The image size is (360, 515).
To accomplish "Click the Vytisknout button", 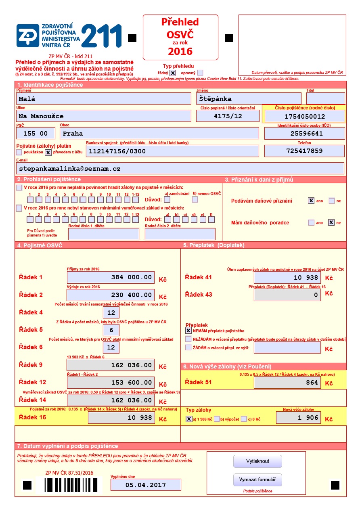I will (257, 461).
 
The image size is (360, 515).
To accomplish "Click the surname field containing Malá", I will (103, 98).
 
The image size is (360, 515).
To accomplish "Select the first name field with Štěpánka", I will (249, 98).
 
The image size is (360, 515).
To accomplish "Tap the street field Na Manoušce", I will (103, 116).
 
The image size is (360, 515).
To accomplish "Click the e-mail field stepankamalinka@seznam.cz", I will (180, 168).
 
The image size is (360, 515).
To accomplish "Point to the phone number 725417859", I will (304, 151).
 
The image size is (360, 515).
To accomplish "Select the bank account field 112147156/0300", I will (172, 151).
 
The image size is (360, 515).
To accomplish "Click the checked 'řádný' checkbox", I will (173, 73).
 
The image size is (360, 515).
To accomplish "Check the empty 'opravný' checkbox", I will (200, 73).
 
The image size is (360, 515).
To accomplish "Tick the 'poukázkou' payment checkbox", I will (19, 152).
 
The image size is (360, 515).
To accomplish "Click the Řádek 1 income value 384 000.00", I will (111, 277).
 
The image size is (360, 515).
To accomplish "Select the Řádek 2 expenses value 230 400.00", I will (111, 295).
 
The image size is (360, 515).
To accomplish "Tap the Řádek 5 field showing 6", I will (111, 330).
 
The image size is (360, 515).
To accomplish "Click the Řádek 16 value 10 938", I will (121, 418).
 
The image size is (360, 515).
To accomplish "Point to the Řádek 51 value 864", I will (287, 383).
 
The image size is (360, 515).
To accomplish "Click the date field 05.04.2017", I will (146, 485).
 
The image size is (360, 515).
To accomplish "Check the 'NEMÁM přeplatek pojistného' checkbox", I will (188, 330).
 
